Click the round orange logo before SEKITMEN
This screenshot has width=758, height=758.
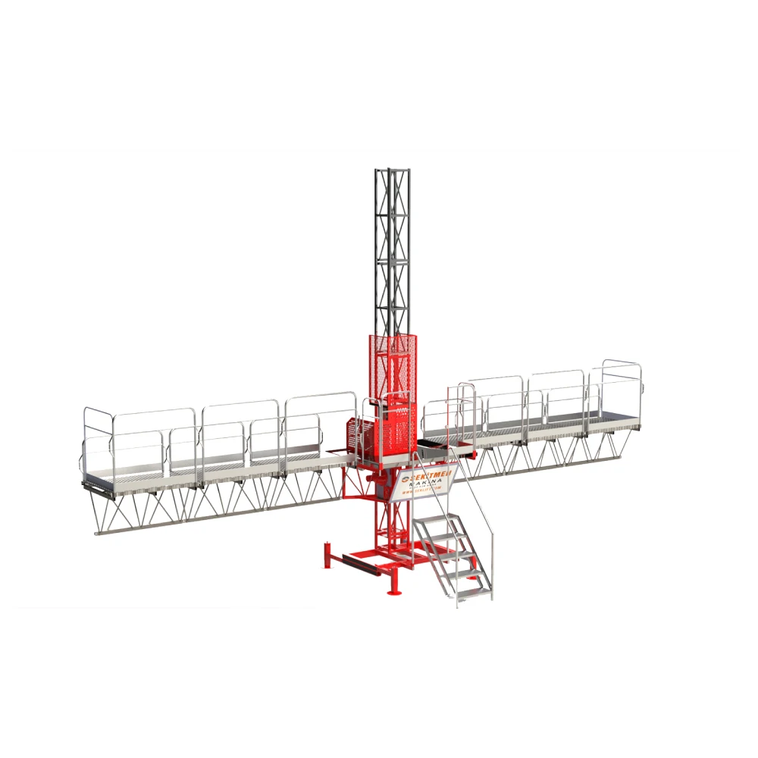pyautogui.click(x=405, y=479)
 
